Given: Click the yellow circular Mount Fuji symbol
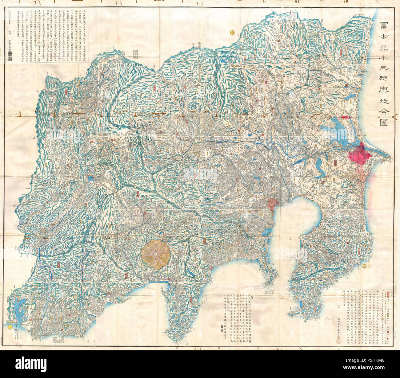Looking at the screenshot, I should [x=156, y=254].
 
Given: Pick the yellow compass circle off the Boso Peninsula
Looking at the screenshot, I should [x=364, y=265].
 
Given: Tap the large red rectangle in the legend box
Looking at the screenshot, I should [x=391, y=293].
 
